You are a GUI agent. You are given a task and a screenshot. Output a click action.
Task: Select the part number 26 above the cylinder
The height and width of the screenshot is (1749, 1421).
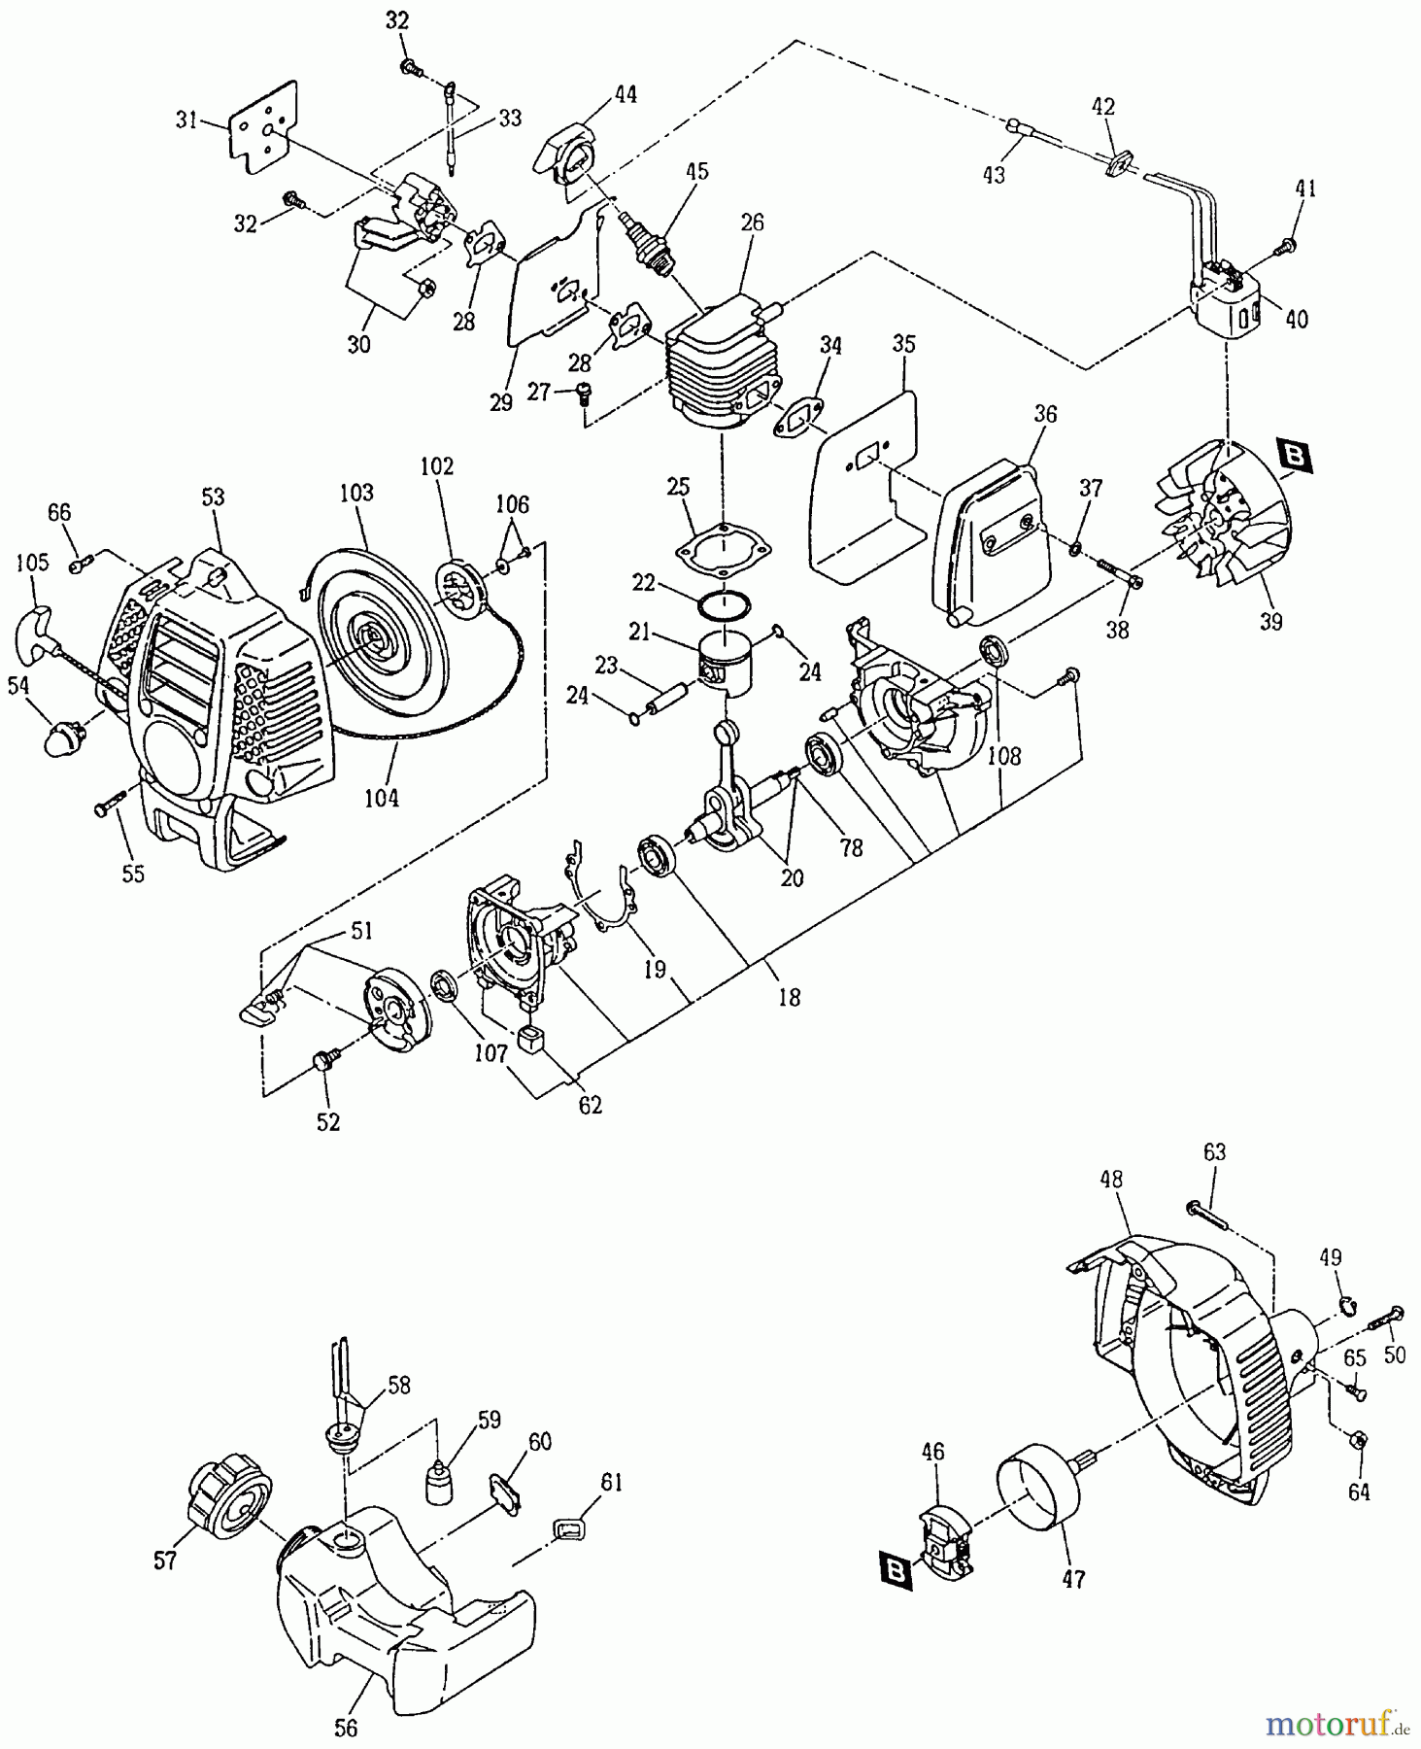pyautogui.click(x=753, y=223)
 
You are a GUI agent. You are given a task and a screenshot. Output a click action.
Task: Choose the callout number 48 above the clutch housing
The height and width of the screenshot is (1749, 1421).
pyautogui.click(x=1111, y=1179)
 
